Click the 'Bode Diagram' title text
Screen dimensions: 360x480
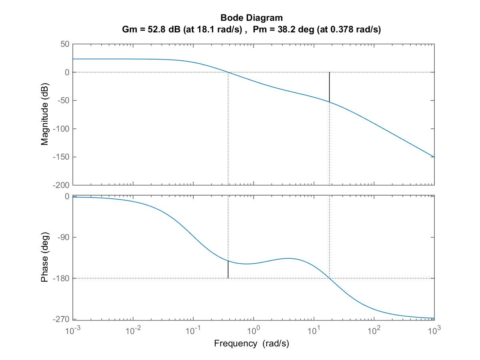[252, 18]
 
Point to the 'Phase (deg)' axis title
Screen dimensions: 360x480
[45, 257]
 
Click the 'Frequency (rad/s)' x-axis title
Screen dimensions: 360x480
[252, 343]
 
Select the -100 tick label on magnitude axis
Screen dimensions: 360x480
[62, 129]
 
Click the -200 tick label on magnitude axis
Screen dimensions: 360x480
[62, 185]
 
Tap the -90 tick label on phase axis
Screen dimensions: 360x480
[64, 237]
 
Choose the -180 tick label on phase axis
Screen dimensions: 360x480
[62, 278]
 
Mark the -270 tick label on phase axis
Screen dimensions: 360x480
[62, 319]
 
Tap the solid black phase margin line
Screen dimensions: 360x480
[228, 269]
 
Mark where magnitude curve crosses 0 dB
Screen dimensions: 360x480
[228, 72]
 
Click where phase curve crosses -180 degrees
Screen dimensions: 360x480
[329, 278]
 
